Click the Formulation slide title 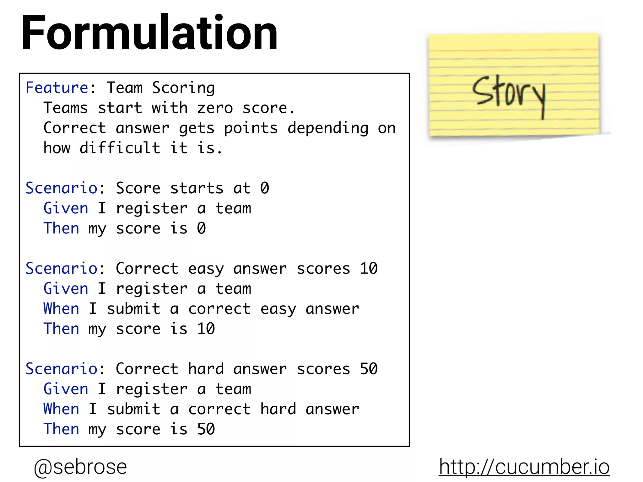click(x=149, y=33)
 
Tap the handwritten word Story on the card click(x=509, y=94)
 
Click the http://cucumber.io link click(x=524, y=467)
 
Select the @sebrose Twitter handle click(x=80, y=467)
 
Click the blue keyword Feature click(x=57, y=88)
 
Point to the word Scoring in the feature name click(x=183, y=88)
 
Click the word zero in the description click(x=215, y=108)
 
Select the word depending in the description click(x=328, y=128)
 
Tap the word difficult click(x=120, y=148)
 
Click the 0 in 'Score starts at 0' click(x=265, y=188)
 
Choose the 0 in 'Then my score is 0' click(x=201, y=228)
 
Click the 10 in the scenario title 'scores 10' click(x=369, y=269)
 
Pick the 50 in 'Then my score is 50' click(x=206, y=429)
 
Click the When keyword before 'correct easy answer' click(x=61, y=309)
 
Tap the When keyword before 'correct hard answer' click(x=61, y=409)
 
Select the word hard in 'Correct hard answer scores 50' click(x=206, y=369)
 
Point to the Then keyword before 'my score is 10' click(x=61, y=329)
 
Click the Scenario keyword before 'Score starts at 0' click(x=62, y=188)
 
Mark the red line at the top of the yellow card click(x=514, y=50)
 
